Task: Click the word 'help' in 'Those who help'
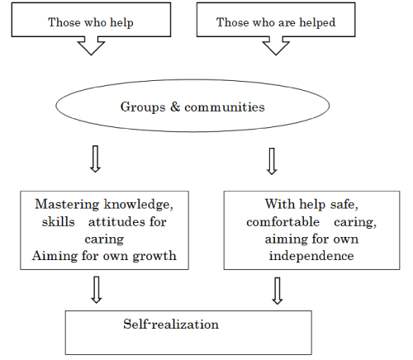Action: coord(121,22)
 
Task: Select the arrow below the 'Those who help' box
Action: coord(91,45)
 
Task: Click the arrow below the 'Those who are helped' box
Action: coord(276,45)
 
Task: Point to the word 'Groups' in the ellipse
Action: coord(143,107)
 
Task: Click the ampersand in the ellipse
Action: coord(175,107)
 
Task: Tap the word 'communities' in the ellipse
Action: coord(225,107)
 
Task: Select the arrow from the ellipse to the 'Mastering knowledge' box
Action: coord(95,159)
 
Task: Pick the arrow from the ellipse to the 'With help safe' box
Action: coord(272,161)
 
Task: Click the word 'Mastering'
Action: coord(67,205)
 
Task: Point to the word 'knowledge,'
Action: coord(139,205)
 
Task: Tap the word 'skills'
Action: coord(58,221)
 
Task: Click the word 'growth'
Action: coord(154,256)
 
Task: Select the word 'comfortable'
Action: coord(282,221)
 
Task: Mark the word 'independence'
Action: coord(311,256)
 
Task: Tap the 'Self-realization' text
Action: coord(171,324)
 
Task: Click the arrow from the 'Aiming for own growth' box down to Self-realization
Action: coord(97,290)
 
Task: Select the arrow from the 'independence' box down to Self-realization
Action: coord(278,291)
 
